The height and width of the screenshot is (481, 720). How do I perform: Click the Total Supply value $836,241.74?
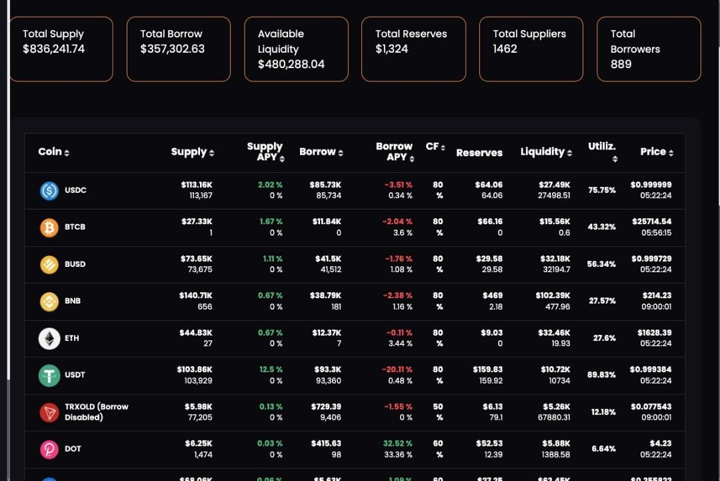click(53, 49)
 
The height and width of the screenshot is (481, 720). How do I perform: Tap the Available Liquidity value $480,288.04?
click(291, 64)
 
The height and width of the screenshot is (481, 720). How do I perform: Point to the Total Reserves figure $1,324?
click(391, 49)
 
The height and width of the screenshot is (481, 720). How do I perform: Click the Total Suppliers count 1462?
click(505, 49)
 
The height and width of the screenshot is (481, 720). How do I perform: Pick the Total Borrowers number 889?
click(621, 64)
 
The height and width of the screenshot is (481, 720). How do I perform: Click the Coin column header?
click(53, 152)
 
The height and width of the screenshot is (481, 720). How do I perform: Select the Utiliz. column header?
click(602, 151)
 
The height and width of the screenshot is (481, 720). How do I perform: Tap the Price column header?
click(657, 152)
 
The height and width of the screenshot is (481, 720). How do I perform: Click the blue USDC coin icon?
click(49, 191)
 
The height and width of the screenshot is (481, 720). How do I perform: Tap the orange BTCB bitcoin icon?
click(49, 227)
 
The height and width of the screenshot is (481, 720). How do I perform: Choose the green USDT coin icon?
click(49, 376)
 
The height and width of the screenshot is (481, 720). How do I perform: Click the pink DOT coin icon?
click(49, 450)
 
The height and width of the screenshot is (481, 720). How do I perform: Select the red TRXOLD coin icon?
click(49, 412)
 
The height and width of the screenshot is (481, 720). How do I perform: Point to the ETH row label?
click(72, 338)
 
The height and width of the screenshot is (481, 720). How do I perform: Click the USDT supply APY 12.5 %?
click(271, 370)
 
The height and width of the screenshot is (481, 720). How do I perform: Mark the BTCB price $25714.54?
click(651, 221)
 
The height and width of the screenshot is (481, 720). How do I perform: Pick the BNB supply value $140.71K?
click(195, 296)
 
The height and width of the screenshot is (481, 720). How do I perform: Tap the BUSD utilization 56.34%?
click(601, 264)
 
